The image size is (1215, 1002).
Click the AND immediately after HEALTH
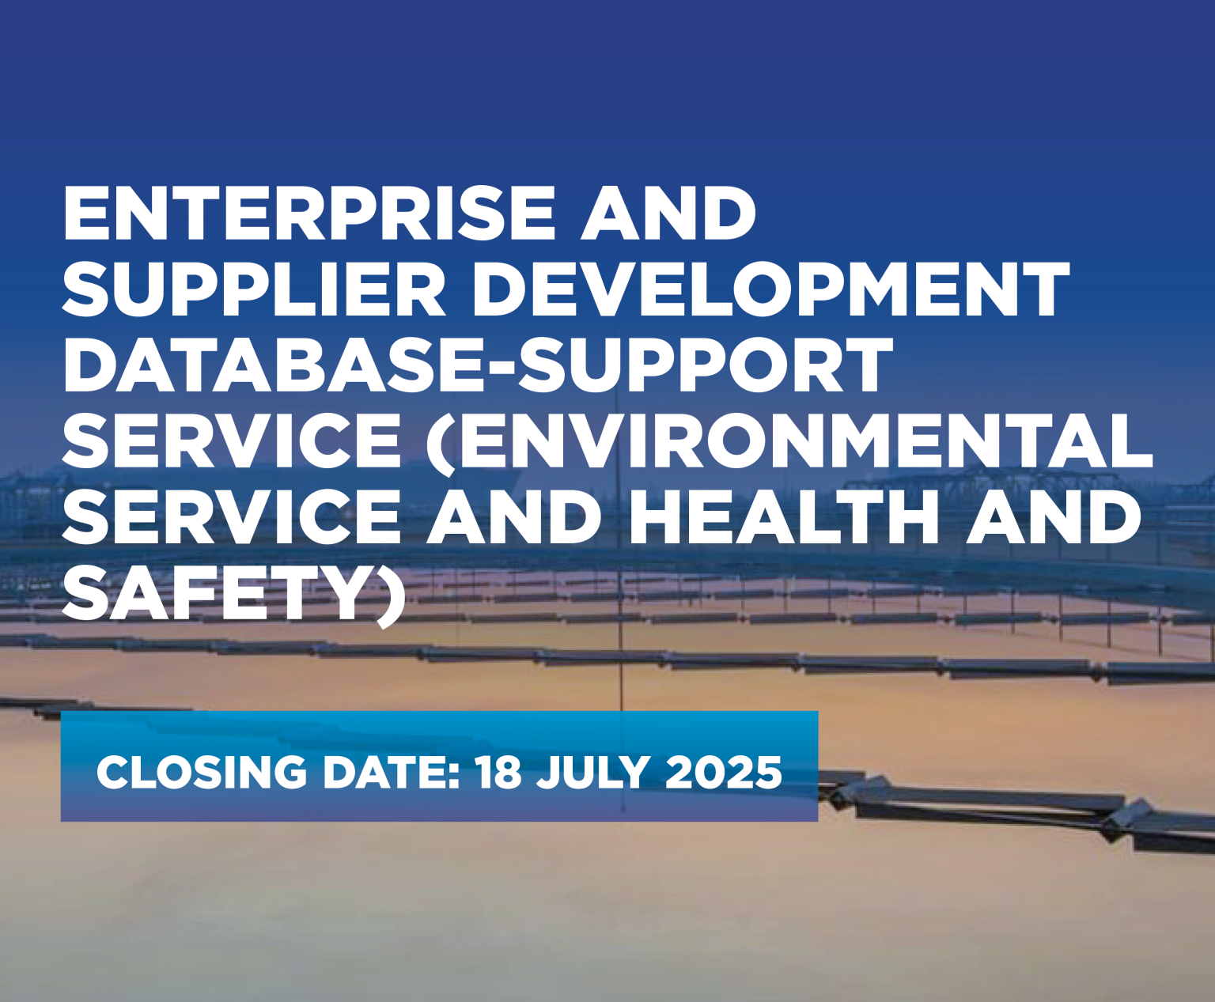[1053, 516]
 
